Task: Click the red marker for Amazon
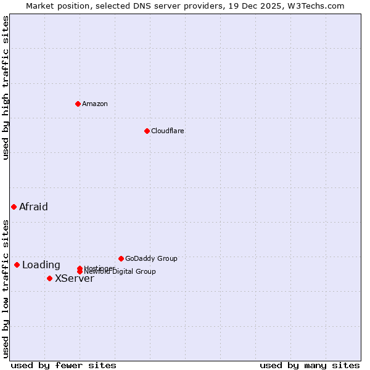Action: [x=78, y=104]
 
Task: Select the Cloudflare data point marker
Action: [x=147, y=131]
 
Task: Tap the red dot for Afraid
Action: [x=14, y=207]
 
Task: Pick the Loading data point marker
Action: [x=17, y=265]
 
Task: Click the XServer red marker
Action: [x=49, y=278]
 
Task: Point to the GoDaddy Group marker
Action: [x=121, y=258]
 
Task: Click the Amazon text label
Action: [x=95, y=104]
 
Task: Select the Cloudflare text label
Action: [x=167, y=131]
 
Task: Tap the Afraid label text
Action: [x=33, y=207]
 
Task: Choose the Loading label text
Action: [x=41, y=265]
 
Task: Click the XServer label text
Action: [x=74, y=279]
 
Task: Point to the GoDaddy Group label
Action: [x=151, y=258]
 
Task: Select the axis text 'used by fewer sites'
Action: [x=64, y=365]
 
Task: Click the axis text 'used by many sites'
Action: [x=310, y=365]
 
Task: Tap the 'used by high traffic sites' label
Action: [x=6, y=88]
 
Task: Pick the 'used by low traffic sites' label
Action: [x=6, y=288]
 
